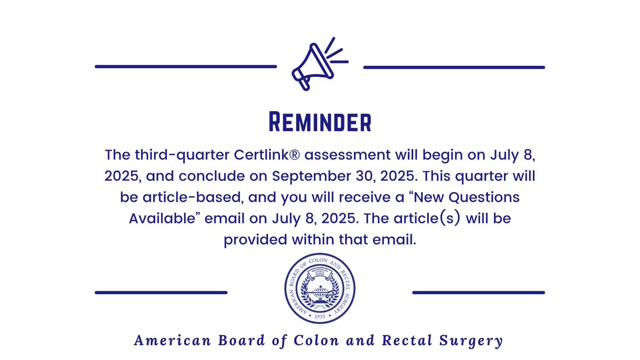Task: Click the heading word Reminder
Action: coord(319,122)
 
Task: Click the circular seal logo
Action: coord(319,288)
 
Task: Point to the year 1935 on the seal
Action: coord(319,315)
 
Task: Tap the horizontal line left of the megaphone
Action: coord(186,67)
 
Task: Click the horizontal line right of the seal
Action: coord(478,292)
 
